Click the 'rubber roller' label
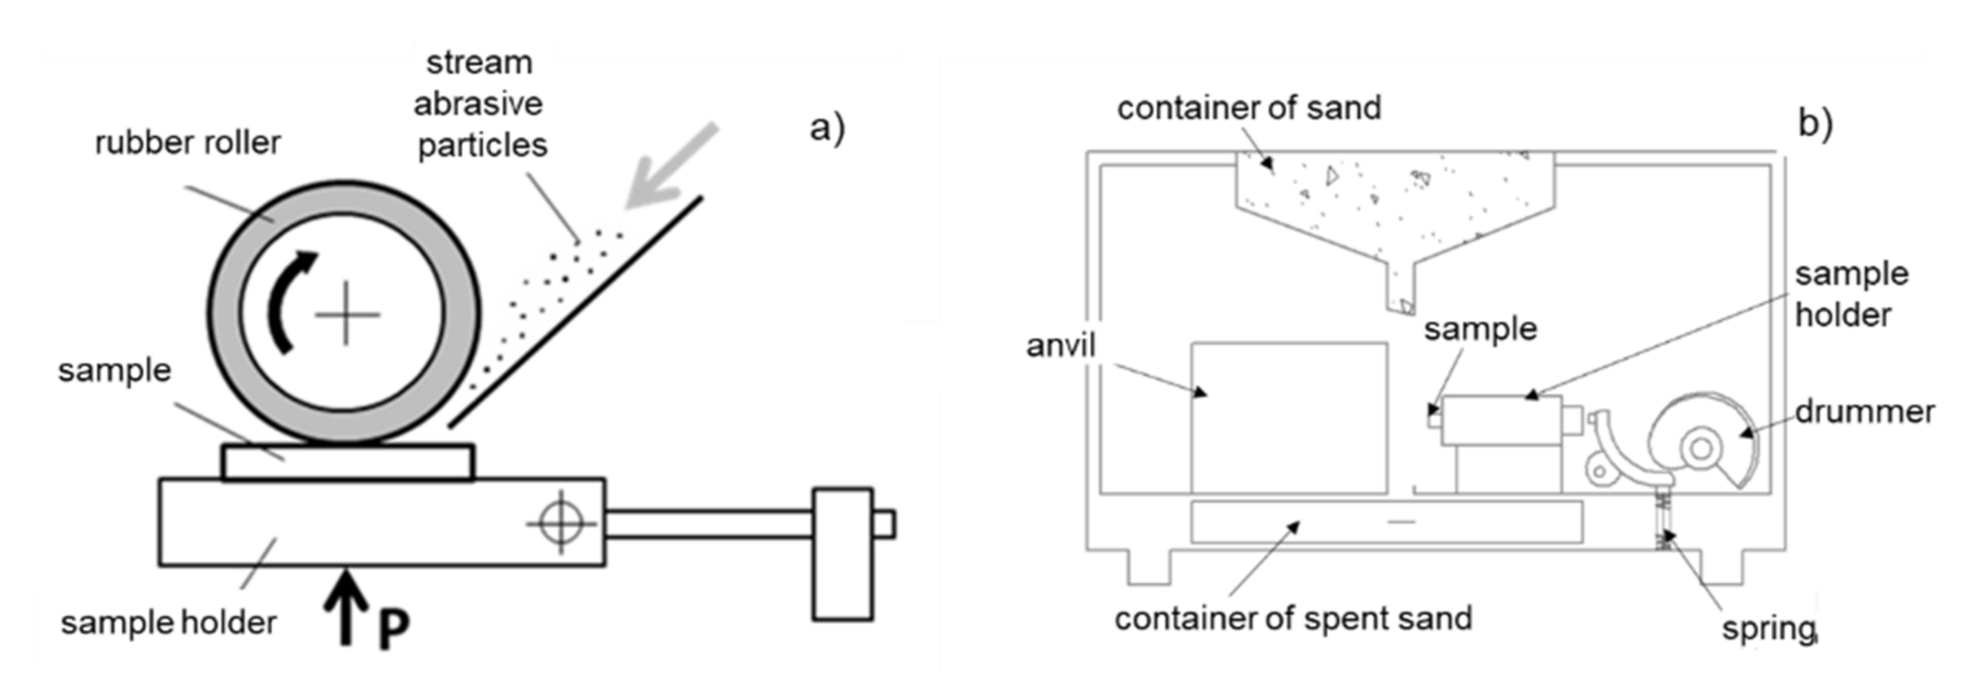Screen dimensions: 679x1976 click(188, 144)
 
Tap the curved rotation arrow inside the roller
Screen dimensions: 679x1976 click(288, 299)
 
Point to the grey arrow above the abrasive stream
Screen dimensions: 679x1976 click(671, 167)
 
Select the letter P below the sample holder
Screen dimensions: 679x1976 click(393, 629)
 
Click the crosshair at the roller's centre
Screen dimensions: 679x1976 click(347, 314)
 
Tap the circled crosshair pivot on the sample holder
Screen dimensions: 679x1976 click(562, 522)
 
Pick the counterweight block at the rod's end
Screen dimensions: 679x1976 click(842, 553)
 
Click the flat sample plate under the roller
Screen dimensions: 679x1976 click(348, 462)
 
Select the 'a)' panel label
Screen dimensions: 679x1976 click(827, 128)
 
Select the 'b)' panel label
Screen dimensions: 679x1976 click(1815, 124)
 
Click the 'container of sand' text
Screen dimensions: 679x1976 click(1249, 108)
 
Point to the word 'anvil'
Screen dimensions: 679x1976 click(1061, 346)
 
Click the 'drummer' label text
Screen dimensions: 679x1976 click(1864, 412)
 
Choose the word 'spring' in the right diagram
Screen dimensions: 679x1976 click(1768, 629)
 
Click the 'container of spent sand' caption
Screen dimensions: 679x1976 click(1293, 618)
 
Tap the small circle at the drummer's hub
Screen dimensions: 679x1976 click(1701, 448)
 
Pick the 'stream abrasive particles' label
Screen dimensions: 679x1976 click(480, 104)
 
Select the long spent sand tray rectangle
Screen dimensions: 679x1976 click(1385, 522)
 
